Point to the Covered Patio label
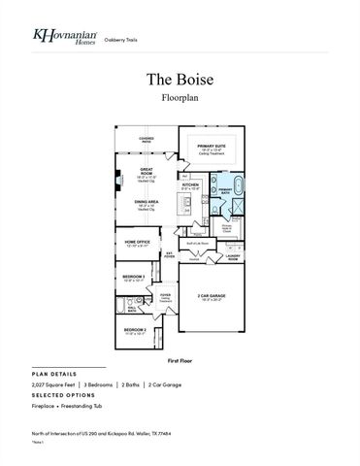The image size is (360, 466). [147, 139]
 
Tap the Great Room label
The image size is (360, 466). [147, 175]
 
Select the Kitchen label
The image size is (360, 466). [191, 185]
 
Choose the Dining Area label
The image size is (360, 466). [147, 206]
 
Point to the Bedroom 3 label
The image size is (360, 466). [134, 278]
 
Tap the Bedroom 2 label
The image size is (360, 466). [136, 330]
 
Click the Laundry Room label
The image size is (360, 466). [233, 257]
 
